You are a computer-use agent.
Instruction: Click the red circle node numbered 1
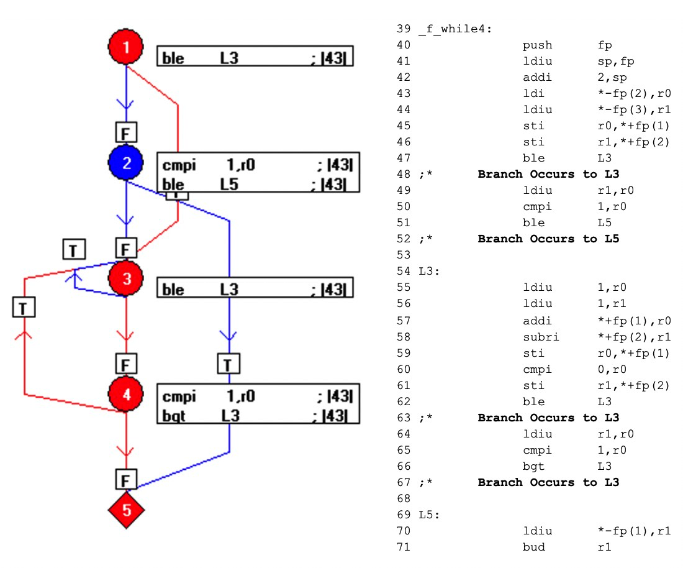[x=126, y=47]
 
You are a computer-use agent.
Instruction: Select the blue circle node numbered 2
[x=126, y=163]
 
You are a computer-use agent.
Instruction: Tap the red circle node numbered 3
[x=126, y=279]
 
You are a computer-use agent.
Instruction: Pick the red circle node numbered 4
[x=126, y=394]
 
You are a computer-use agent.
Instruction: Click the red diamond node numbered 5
[x=126, y=510]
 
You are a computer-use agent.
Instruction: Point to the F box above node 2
[x=126, y=132]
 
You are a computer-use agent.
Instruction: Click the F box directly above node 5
[x=126, y=480]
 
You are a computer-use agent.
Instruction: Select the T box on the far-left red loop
[x=24, y=307]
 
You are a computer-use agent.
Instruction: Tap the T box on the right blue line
[x=228, y=363]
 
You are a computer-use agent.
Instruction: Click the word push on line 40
[x=537, y=45]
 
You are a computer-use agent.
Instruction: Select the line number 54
[x=404, y=271]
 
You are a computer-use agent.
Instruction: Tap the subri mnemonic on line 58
[x=540, y=337]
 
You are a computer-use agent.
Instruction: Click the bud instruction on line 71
[x=533, y=547]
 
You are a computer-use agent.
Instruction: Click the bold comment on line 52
[x=548, y=239]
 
